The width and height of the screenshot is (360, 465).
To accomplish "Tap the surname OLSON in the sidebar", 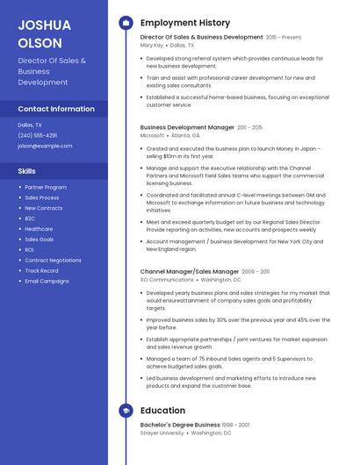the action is [x=40, y=42].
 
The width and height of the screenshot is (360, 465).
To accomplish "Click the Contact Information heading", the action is [x=56, y=109].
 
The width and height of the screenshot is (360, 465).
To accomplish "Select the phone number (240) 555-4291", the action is [x=37, y=135].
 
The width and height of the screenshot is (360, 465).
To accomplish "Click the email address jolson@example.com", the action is [x=45, y=146].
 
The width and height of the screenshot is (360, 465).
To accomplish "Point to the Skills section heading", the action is [x=27, y=171].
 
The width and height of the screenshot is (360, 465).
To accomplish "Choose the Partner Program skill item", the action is [x=46, y=187].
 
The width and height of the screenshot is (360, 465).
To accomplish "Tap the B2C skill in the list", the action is [x=30, y=218].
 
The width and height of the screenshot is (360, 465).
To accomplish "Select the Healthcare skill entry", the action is [x=39, y=229].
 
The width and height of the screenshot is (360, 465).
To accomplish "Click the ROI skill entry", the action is [x=29, y=250].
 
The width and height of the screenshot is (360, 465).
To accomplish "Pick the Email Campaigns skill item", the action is [x=47, y=281].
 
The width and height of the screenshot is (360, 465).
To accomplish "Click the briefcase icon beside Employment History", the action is [x=126, y=23].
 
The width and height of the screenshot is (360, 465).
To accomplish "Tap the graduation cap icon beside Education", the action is [x=126, y=410].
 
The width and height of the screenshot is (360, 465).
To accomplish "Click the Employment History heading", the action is [x=185, y=23].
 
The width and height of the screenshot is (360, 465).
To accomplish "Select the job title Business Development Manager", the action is [x=187, y=127].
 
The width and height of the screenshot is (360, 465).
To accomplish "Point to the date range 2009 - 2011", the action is [x=256, y=272].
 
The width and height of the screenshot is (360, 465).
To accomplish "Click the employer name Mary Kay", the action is [x=152, y=45].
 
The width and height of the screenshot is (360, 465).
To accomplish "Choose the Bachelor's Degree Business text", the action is [x=180, y=425].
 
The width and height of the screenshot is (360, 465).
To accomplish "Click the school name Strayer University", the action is [x=162, y=433].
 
